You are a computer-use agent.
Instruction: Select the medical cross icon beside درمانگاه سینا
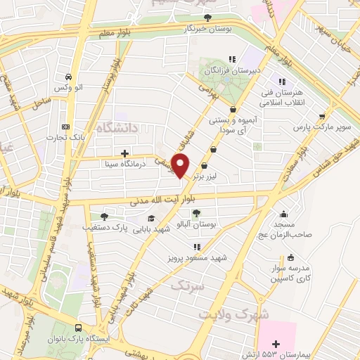(x=124, y=153)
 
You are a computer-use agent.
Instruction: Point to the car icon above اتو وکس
(x=67, y=77)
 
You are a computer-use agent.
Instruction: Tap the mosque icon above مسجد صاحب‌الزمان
(x=283, y=214)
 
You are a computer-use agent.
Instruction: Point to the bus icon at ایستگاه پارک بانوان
(x=77, y=328)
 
